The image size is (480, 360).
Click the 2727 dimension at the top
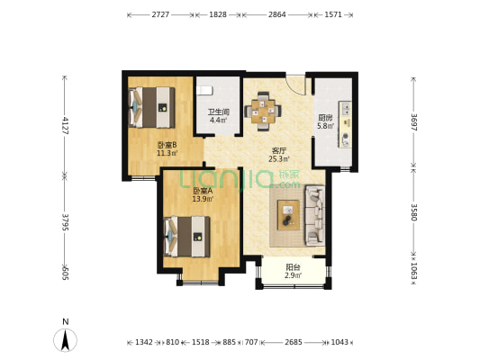(160, 14)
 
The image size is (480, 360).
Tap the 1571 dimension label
(333, 14)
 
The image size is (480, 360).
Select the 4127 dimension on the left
(65, 125)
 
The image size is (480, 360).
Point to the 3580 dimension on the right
(413, 212)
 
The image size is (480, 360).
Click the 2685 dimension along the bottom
(294, 342)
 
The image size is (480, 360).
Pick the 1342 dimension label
(144, 342)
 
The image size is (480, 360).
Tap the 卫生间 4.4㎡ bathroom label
(218, 116)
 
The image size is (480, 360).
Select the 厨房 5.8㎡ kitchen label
(325, 121)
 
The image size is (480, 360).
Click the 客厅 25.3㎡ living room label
(279, 155)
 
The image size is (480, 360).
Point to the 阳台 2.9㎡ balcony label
(293, 271)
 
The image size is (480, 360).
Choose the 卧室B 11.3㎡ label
(168, 148)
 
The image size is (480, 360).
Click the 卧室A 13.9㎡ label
(203, 194)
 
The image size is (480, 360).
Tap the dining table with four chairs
(263, 112)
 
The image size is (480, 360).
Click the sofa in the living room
(315, 216)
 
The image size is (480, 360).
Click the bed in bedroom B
(152, 107)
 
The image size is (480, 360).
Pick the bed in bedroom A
(187, 237)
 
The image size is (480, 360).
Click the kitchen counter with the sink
(345, 125)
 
